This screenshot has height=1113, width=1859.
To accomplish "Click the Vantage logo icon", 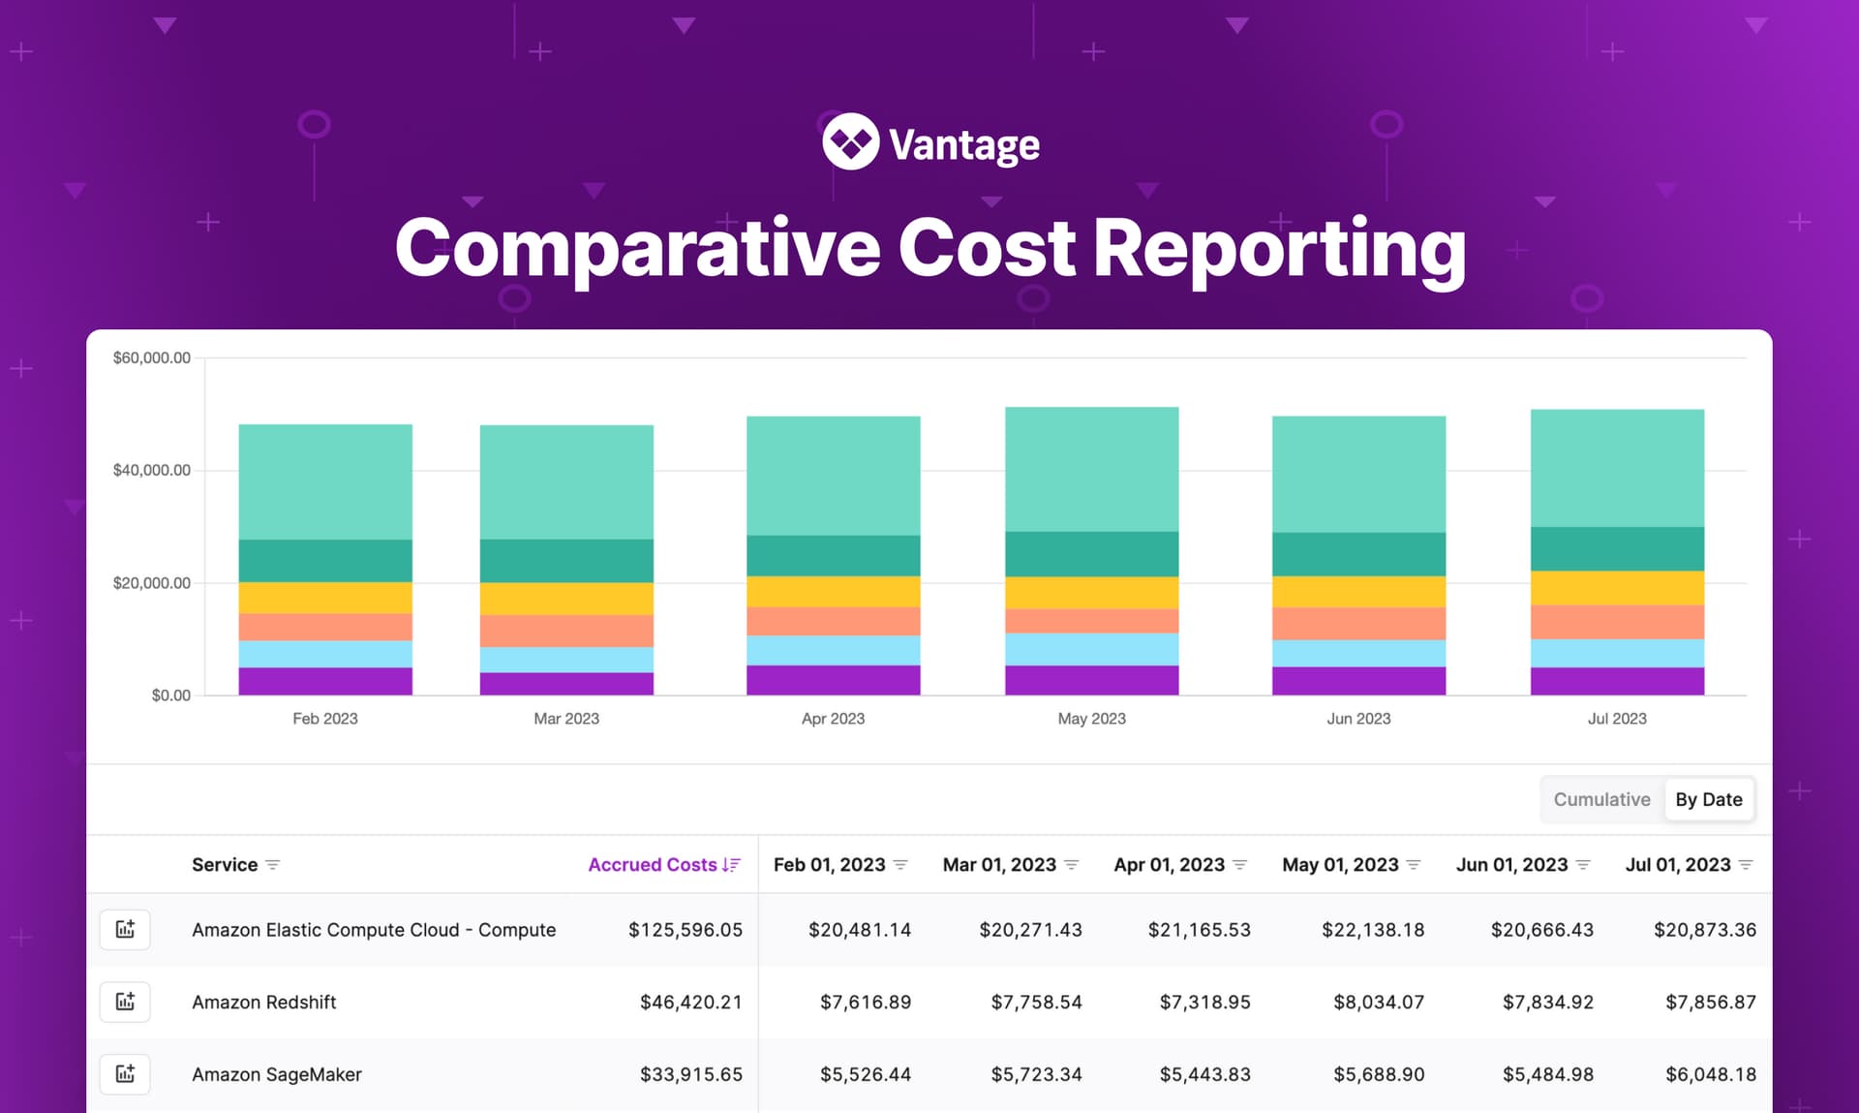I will click(850, 142).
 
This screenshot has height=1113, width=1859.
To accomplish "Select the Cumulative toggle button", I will click(1601, 799).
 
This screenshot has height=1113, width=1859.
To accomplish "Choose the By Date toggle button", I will click(1708, 799).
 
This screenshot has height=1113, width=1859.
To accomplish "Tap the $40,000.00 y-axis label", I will click(152, 470).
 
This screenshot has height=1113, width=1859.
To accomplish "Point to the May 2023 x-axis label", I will click(1091, 719).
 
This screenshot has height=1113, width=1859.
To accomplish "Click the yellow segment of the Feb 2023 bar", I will click(325, 597).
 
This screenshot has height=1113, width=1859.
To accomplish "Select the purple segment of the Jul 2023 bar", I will click(1617, 680).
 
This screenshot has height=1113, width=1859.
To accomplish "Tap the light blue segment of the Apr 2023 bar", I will click(833, 650).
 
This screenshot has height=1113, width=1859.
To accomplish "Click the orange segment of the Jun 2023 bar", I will click(1358, 623).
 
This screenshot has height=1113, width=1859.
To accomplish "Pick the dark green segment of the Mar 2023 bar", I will click(566, 561).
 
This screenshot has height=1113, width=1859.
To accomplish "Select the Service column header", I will click(225, 864).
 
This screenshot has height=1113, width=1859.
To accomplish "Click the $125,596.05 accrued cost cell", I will click(685, 930).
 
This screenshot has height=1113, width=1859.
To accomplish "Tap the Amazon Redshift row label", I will click(264, 1003).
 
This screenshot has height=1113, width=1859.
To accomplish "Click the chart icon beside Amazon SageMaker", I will click(125, 1074).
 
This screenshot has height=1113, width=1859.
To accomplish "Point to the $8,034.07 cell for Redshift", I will click(1378, 1003).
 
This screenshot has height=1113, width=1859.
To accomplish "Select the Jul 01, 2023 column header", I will click(1677, 864).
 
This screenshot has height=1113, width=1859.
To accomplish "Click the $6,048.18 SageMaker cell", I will click(1710, 1074).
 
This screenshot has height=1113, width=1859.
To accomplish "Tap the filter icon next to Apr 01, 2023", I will click(1240, 865).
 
